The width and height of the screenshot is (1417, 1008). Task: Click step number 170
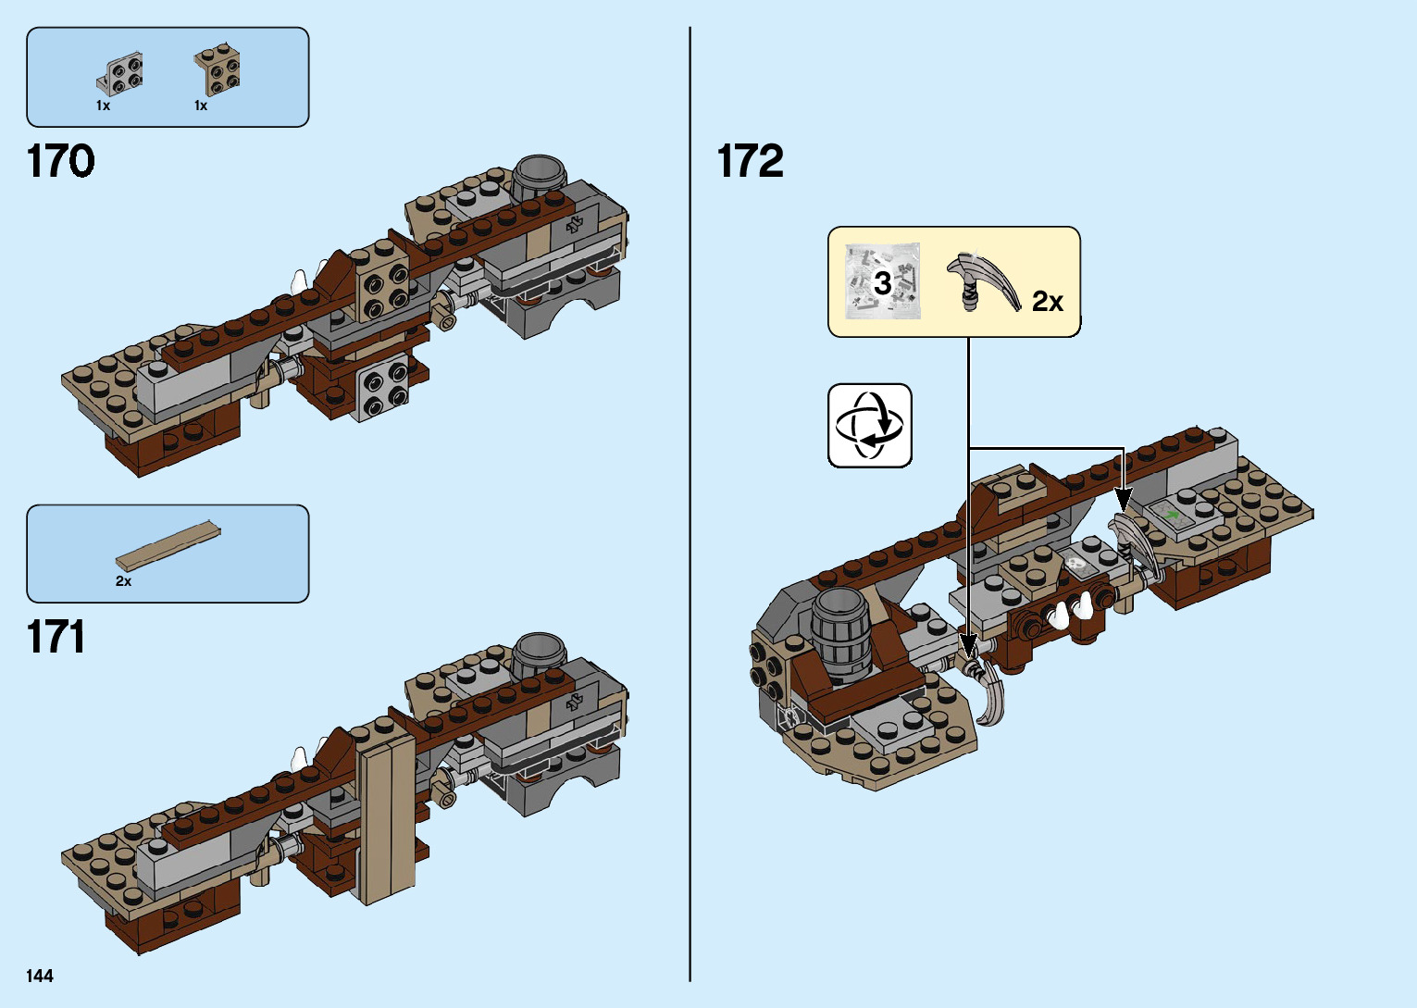click(61, 161)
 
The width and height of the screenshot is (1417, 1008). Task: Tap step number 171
click(56, 637)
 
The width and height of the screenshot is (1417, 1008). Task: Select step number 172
click(750, 161)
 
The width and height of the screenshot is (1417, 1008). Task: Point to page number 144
click(40, 976)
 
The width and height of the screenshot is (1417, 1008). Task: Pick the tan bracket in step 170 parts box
click(218, 70)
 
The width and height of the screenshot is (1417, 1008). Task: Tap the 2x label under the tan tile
click(123, 581)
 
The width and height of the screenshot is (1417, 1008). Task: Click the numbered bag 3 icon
click(883, 281)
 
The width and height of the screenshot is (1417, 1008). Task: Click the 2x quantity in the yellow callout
click(1048, 302)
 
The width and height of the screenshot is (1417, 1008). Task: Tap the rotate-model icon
click(869, 426)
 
